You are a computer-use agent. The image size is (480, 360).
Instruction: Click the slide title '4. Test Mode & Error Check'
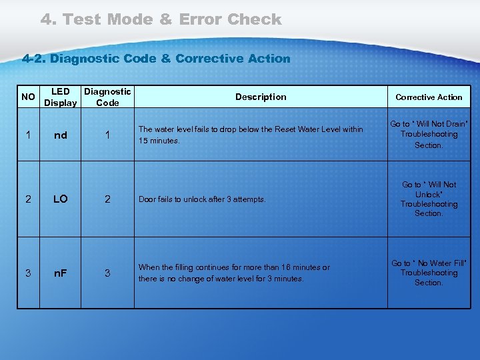[x=161, y=20]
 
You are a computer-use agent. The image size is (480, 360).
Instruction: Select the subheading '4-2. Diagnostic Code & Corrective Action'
[x=156, y=59]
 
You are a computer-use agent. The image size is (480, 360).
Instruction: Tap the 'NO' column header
[x=28, y=97]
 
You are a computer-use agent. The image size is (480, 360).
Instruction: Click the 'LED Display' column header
[x=60, y=97]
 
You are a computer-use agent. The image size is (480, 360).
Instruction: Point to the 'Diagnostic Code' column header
[x=107, y=97]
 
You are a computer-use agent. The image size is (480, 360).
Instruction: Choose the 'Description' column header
[x=261, y=97]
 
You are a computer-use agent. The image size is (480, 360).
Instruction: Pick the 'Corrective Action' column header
[x=429, y=97]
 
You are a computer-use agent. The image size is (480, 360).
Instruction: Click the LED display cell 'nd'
[x=60, y=135]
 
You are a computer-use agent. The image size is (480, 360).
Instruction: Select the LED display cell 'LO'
[x=60, y=199]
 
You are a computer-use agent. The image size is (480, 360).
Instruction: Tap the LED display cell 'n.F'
[x=60, y=273]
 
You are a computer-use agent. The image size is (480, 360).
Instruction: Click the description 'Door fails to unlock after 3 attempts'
[x=202, y=199]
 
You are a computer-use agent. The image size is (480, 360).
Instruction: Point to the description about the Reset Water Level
[x=251, y=135]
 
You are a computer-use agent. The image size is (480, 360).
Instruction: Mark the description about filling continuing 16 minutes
[x=234, y=273]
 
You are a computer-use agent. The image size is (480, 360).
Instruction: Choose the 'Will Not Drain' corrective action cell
[x=429, y=135]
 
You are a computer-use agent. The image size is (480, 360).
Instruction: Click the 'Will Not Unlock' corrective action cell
[x=429, y=199]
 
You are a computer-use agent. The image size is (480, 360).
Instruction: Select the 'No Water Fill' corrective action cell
[x=429, y=273]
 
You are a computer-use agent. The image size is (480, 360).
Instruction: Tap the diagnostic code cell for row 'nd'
[x=107, y=135]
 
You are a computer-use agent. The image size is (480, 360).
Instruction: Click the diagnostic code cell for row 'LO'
[x=107, y=199]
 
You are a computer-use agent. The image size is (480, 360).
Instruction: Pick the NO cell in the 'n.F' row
[x=28, y=273]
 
